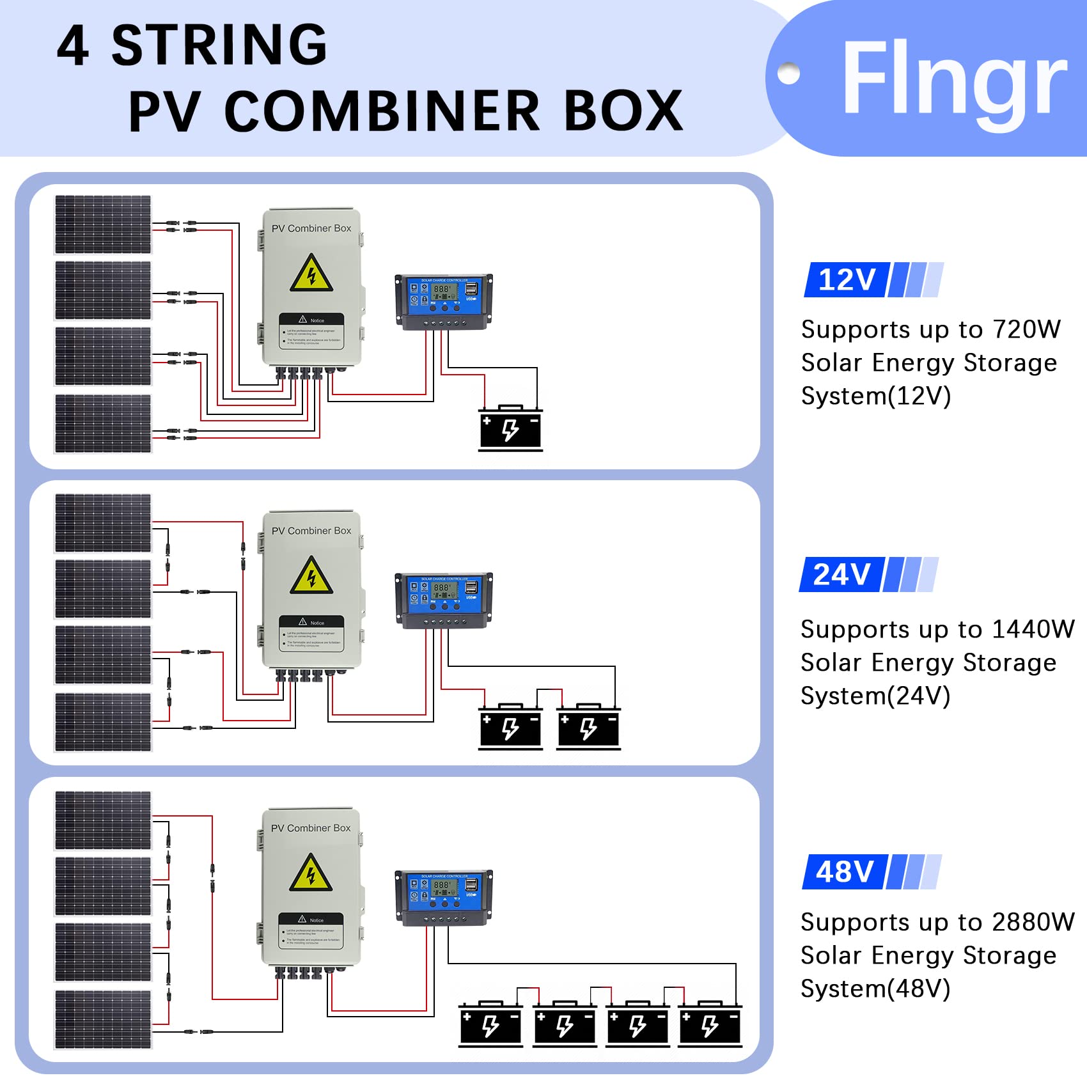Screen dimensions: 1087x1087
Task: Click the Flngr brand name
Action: tap(954, 78)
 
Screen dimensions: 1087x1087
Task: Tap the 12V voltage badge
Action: tap(846, 280)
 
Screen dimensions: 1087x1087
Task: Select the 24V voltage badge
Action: tap(841, 574)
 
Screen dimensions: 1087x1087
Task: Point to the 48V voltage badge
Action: tap(845, 872)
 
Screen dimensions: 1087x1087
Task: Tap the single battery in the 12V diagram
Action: tap(510, 429)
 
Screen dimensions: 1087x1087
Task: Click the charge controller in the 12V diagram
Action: tap(444, 301)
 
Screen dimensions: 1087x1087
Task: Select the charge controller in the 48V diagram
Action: tap(444, 897)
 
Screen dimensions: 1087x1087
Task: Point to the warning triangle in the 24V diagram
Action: tap(311, 576)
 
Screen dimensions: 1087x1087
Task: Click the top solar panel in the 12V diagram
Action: tap(103, 224)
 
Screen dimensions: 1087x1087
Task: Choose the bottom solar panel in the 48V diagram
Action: tap(103, 1019)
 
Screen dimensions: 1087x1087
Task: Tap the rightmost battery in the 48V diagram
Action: tap(710, 1025)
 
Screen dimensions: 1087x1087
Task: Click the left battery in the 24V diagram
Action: tap(510, 728)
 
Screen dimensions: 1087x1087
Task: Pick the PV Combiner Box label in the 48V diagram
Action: tap(311, 828)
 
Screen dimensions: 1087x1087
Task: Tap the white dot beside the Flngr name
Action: tap(788, 73)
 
